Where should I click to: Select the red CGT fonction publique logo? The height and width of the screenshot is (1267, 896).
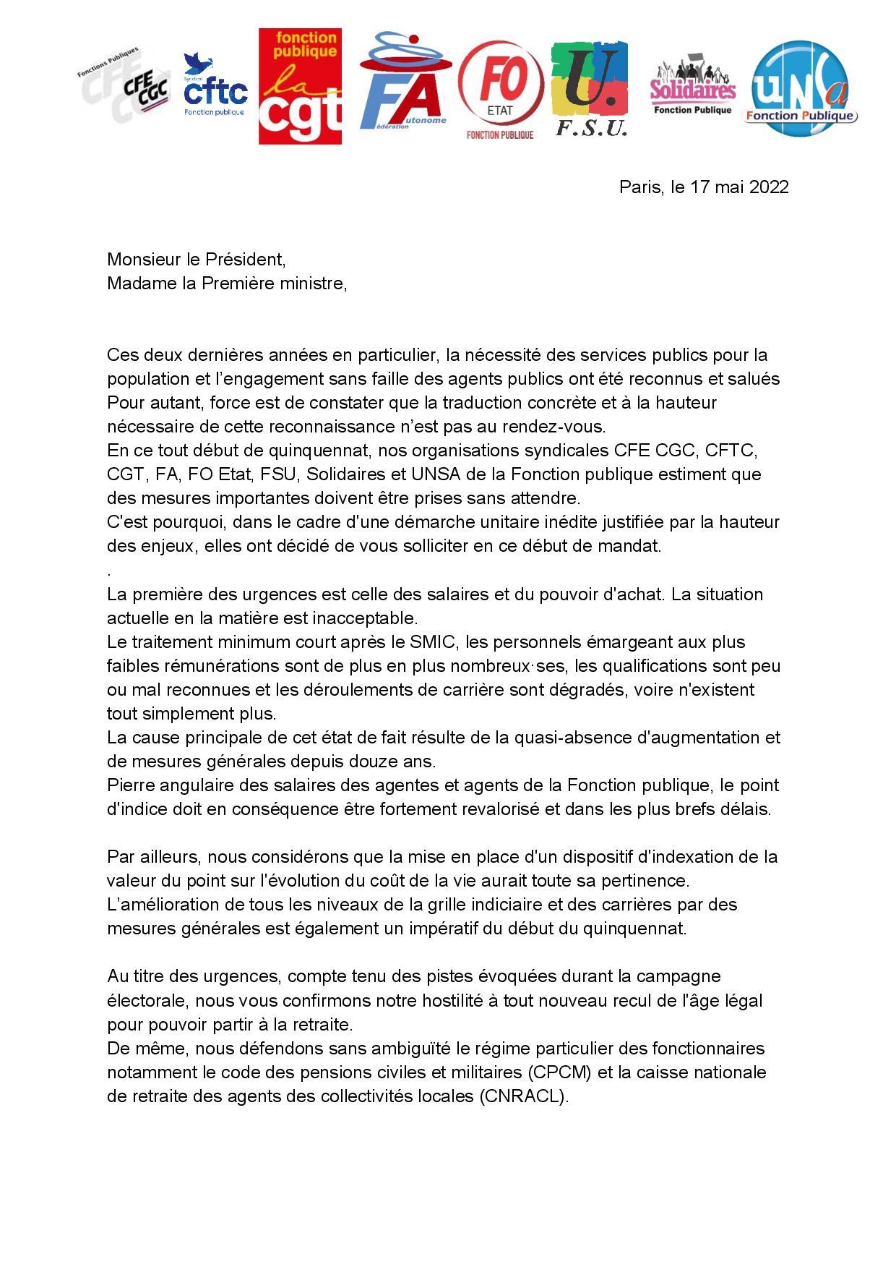click(300, 86)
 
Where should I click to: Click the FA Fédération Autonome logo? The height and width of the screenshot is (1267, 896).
click(402, 83)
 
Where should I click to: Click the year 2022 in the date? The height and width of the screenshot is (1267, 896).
click(768, 187)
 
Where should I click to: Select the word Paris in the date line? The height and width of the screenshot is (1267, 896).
click(640, 187)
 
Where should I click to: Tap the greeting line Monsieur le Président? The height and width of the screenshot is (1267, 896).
click(197, 259)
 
